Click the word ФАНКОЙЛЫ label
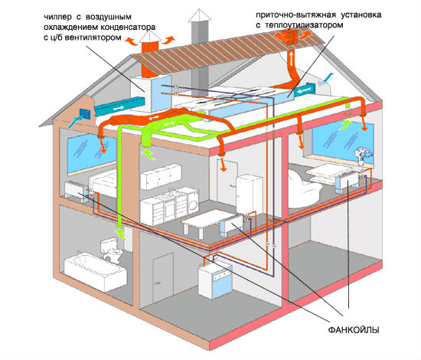[x=354, y=329]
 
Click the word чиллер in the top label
[x=57, y=17]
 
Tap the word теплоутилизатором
[x=304, y=25]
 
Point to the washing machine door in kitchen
[x=193, y=205]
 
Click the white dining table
[x=207, y=221]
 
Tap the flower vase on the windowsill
[x=361, y=158]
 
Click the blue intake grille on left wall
[x=86, y=114]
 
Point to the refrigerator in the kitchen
[x=249, y=194]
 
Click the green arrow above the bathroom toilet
[x=120, y=234]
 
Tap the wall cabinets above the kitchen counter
[x=161, y=176]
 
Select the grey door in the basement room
[x=163, y=280]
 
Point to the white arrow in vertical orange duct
[x=291, y=58]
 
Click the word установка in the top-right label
[x=361, y=15]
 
